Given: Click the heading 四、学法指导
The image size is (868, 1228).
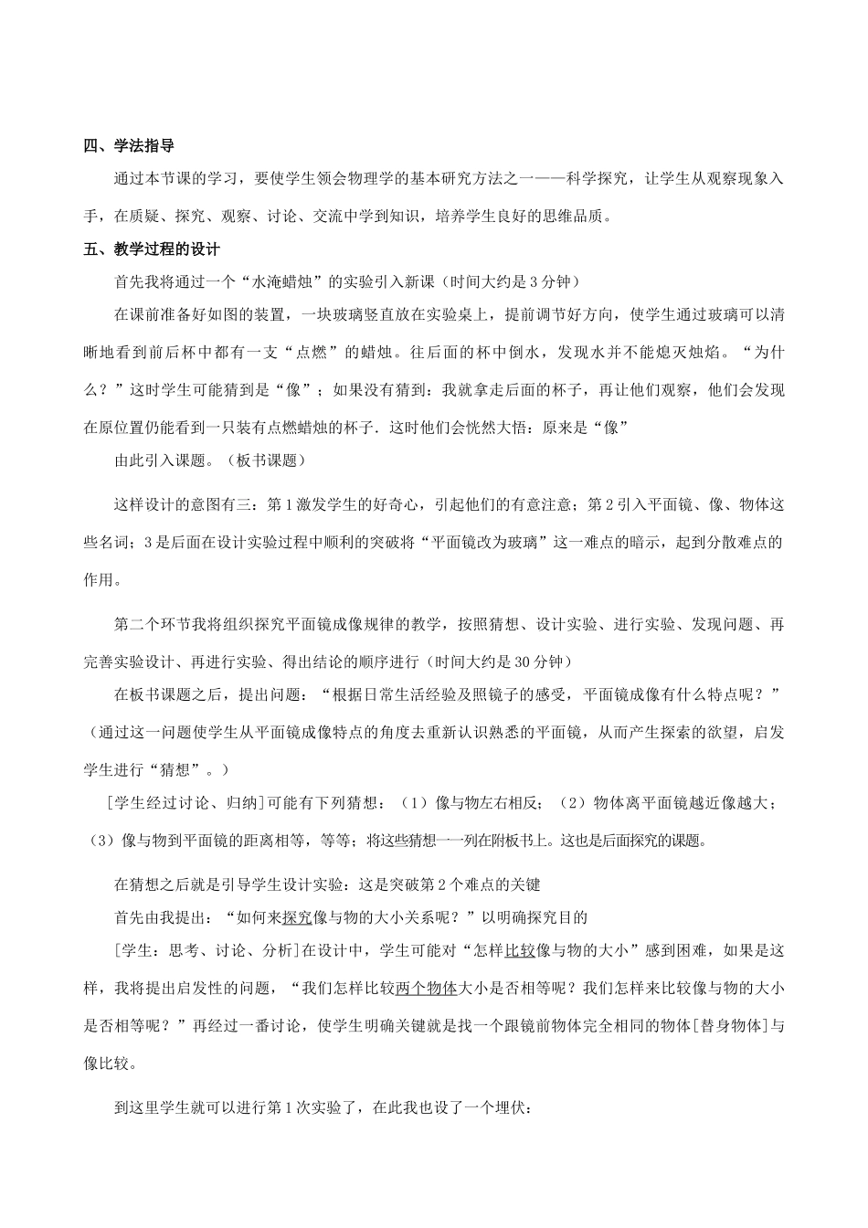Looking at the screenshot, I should [x=129, y=145].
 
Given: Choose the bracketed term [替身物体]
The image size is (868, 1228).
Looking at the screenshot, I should [x=732, y=1025].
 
